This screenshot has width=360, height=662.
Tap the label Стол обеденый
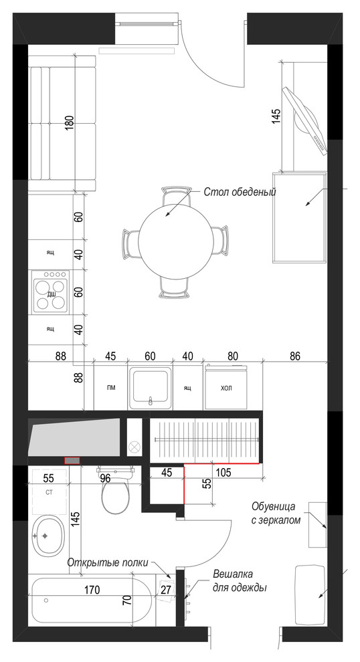[240, 192]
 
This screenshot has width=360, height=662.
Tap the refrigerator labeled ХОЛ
[226, 387]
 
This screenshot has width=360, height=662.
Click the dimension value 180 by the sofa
[70, 122]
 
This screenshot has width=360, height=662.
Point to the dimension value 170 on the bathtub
[92, 589]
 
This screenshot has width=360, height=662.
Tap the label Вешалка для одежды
[240, 581]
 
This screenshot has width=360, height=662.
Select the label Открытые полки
[108, 562]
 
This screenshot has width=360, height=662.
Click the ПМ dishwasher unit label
[111, 388]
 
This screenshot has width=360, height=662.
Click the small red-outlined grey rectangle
[72, 460]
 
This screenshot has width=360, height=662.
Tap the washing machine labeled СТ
[49, 492]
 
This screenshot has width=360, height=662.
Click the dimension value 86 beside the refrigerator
[295, 356]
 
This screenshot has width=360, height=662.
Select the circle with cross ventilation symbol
[134, 446]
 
